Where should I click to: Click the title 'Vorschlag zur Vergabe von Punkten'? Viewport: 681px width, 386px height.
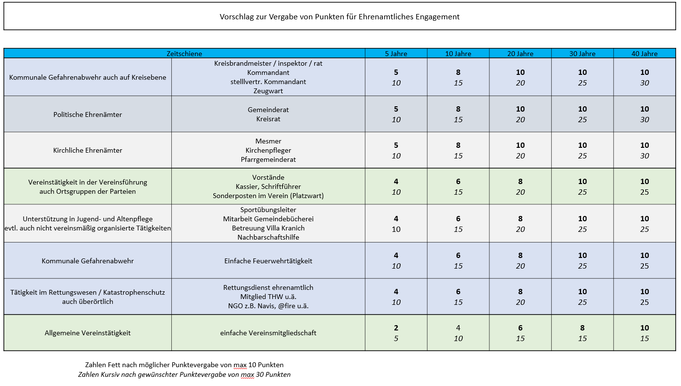tap(340, 17)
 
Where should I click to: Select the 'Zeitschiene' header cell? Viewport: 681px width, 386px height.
tap(184, 54)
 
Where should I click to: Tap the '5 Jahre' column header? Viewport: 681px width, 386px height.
tap(396, 54)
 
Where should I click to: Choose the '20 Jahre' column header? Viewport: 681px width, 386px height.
tap(520, 54)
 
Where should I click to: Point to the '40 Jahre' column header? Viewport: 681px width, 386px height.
tap(644, 54)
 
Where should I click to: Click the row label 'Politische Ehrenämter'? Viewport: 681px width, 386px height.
tap(87, 114)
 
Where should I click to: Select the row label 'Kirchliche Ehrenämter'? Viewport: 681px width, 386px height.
tap(87, 150)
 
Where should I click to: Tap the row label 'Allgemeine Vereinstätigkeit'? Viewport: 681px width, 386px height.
tap(87, 333)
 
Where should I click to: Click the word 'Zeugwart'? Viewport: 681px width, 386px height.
tap(268, 91)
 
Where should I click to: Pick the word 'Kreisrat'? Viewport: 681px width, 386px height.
tap(268, 119)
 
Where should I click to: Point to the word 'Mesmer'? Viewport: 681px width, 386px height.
tap(268, 141)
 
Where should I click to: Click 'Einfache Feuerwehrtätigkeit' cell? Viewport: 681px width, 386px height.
tap(268, 261)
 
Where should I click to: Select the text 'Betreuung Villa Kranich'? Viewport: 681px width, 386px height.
tap(268, 228)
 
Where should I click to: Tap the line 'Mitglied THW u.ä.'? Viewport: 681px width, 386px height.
tap(268, 297)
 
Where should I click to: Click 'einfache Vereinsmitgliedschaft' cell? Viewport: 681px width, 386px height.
tap(268, 333)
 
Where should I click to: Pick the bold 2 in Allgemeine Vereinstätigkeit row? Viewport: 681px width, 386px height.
tap(396, 328)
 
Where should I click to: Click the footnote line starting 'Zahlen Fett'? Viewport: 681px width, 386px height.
tap(184, 365)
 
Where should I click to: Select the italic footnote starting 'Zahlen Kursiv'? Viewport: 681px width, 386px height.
tap(184, 374)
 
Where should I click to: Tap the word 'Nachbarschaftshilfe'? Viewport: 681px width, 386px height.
tap(268, 237)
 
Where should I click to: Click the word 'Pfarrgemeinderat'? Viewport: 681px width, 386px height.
tap(268, 159)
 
